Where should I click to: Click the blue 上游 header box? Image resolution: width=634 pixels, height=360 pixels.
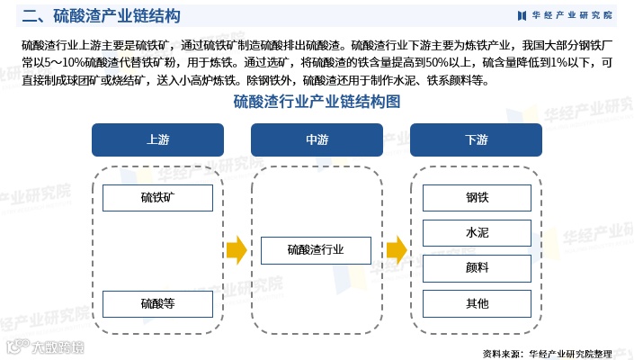[x=157, y=140]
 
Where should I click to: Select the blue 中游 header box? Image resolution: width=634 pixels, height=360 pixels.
[x=317, y=140]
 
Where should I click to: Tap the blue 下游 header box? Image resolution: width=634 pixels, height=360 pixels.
[x=476, y=140]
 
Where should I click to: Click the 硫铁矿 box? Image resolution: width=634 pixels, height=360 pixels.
[x=157, y=198]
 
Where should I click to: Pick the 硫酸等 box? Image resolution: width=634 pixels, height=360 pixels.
[x=157, y=304]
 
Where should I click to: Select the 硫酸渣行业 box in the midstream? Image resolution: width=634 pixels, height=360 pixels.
[x=317, y=251]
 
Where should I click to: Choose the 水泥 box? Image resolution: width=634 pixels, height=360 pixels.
[x=477, y=233]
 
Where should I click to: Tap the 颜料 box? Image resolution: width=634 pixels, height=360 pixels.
[x=477, y=268]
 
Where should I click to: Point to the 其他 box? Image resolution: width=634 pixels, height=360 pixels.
[x=477, y=303]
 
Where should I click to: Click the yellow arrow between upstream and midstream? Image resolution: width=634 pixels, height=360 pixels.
[x=237, y=251]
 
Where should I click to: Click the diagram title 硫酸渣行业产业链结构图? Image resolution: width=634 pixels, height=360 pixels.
[x=317, y=102]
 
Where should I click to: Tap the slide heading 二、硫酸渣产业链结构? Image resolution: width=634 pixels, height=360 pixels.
[x=101, y=16]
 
